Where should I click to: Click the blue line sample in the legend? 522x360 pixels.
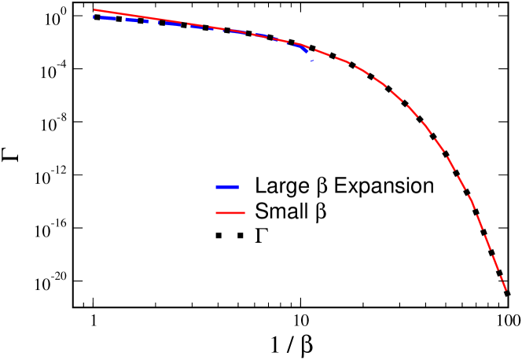[226, 187]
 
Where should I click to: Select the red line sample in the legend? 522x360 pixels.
[230, 213]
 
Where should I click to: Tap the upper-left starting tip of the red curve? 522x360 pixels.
[94, 10]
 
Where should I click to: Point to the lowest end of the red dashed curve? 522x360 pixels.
[507, 291]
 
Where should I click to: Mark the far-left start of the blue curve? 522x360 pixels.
[94, 17]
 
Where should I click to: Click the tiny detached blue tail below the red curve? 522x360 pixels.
[312, 61]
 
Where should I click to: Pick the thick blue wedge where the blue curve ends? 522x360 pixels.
[304, 49]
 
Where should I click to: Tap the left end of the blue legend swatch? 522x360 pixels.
[216, 187]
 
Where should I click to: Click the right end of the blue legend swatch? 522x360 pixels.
[237, 187]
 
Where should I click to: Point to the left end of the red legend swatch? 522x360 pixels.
[216, 213]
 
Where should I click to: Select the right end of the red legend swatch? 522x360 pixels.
[244, 213]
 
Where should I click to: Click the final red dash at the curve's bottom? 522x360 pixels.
[502, 278]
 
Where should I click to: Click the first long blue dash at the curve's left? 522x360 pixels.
[105, 18]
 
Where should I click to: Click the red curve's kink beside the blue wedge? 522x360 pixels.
[303, 45]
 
